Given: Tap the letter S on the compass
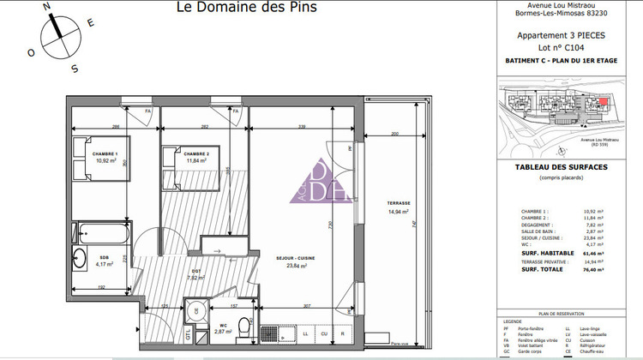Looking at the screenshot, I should (x=75, y=69).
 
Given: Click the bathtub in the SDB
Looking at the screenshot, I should (x=101, y=232).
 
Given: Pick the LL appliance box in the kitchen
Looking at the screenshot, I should (x=305, y=333).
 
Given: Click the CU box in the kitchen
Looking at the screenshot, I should (x=324, y=333).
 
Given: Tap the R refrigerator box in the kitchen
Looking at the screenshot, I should (x=343, y=333).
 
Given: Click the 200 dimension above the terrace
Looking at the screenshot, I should (x=395, y=135).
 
